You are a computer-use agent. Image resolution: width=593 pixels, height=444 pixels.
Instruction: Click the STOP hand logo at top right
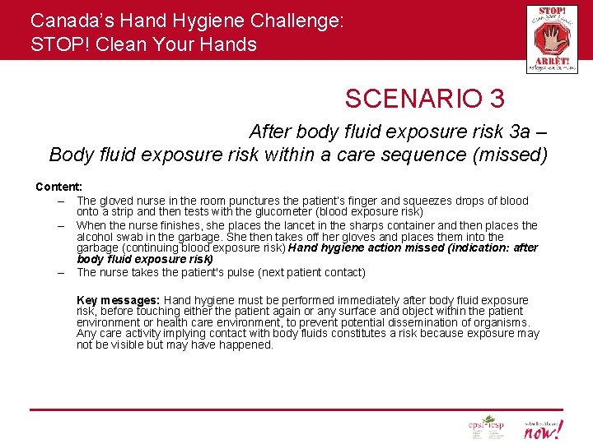click(551, 39)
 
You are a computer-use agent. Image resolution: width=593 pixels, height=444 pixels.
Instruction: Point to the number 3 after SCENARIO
click(496, 99)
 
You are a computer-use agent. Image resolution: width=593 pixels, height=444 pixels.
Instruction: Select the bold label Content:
click(58, 187)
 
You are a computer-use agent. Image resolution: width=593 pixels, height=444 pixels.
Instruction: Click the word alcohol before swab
click(95, 236)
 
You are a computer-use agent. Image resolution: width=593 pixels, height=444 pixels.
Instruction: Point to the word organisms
click(502, 322)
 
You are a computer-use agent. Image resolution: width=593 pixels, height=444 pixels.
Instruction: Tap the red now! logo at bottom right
click(544, 428)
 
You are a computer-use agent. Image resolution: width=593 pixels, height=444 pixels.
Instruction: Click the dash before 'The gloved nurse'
click(62, 201)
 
